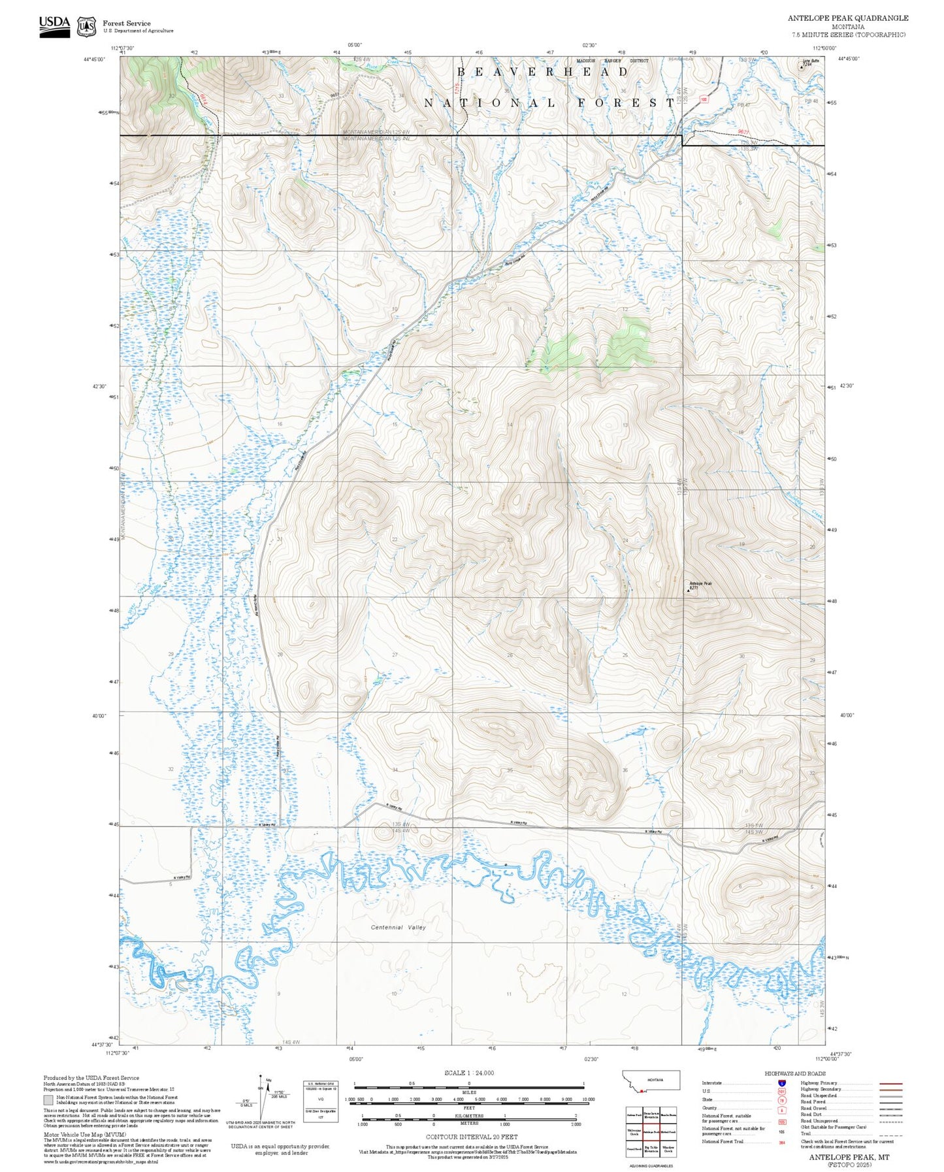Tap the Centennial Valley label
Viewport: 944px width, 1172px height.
coord(398,927)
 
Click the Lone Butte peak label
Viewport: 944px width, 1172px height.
coord(810,61)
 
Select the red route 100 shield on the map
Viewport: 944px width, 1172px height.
coord(704,99)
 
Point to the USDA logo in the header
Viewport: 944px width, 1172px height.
coord(54,26)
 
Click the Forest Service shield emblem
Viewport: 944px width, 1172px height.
coord(86,27)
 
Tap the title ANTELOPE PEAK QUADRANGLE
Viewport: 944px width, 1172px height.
coord(847,18)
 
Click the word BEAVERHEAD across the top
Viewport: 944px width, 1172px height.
coord(542,72)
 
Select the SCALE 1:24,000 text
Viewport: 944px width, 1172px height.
coord(468,1072)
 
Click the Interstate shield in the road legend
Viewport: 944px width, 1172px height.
coord(781,1082)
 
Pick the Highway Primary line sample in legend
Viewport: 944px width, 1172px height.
coord(891,1082)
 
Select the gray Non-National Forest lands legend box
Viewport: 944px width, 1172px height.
coord(48,1099)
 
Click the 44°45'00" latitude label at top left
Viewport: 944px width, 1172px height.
coord(97,59)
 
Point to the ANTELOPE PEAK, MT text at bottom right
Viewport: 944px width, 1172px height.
coord(849,1156)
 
